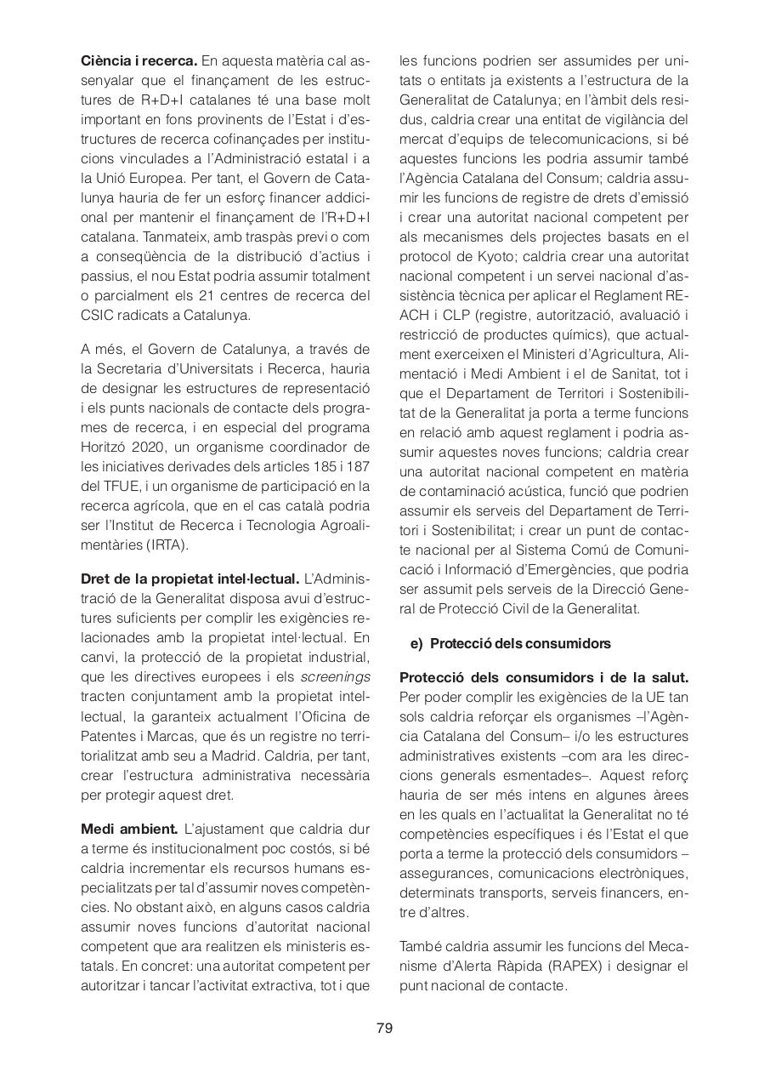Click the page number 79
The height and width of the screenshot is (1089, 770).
384,1029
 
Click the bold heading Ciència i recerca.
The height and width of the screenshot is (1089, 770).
139,61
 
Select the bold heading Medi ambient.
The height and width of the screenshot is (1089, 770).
129,829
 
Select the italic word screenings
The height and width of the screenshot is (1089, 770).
336,677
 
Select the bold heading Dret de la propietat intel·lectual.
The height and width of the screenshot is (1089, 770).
190,579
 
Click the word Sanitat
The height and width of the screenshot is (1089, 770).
644,374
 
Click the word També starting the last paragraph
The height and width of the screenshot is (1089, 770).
422,947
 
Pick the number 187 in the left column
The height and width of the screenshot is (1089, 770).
359,467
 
